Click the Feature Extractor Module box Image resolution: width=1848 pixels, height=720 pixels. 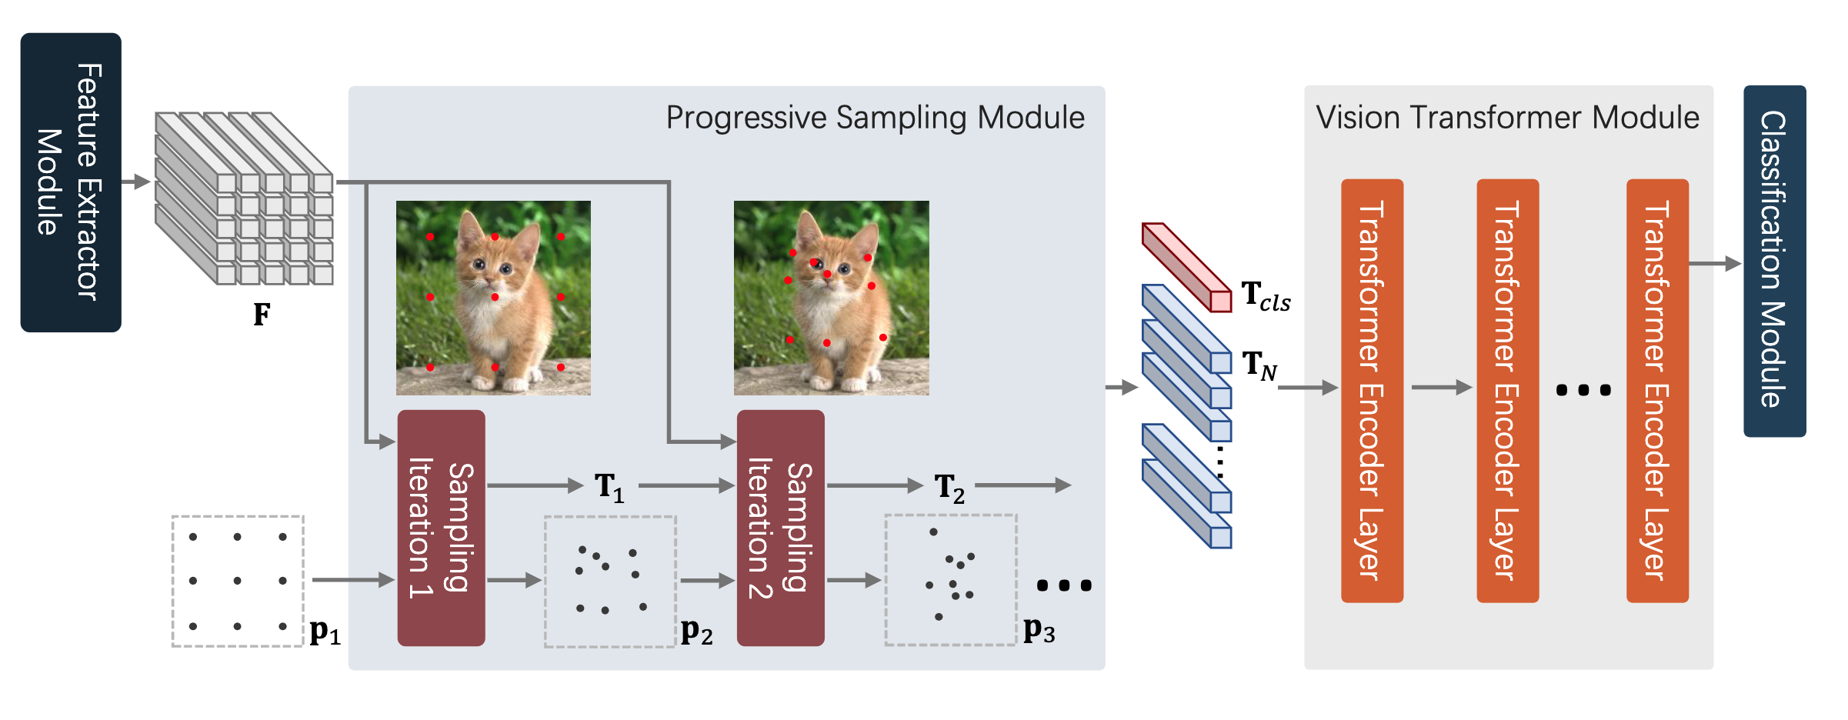point(70,182)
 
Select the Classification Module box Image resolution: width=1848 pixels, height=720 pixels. point(1773,261)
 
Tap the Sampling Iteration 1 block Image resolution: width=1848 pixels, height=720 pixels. point(441,528)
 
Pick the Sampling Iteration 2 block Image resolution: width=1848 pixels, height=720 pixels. point(780,528)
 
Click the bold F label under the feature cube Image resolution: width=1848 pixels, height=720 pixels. point(262,314)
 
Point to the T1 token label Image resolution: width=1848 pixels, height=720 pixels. point(609,487)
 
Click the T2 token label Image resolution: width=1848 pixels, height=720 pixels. point(949,487)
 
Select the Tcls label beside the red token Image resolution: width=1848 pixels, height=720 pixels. point(1265,296)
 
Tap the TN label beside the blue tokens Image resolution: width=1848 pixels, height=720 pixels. point(1259,365)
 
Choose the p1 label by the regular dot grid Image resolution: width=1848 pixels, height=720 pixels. point(324,632)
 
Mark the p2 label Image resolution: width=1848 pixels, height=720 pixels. point(696,632)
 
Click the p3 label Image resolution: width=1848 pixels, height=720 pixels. point(1038,630)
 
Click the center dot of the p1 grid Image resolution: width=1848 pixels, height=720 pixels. point(237,581)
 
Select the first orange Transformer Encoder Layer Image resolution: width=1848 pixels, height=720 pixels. point(1372,390)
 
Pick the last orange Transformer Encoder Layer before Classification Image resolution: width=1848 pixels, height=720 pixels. point(1656,390)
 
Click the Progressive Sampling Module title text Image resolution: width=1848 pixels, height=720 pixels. point(875,118)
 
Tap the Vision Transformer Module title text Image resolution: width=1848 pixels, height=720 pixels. point(1507,118)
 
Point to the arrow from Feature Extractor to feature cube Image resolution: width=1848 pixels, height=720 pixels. point(136,182)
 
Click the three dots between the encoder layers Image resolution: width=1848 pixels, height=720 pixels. point(1583,390)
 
